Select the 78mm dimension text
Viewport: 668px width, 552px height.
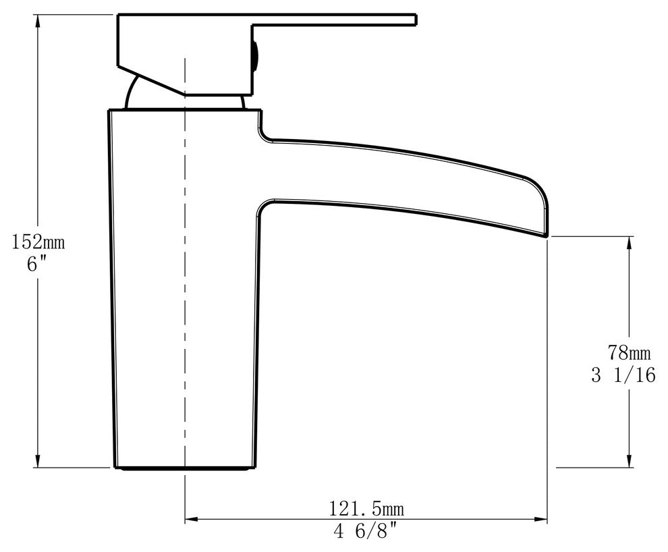coord(629,352)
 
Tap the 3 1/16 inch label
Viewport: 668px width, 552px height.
coord(623,375)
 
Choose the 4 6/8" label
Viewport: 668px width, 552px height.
coord(365,532)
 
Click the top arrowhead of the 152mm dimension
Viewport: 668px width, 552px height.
coord(38,21)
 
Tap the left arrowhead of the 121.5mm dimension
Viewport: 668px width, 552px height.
coord(192,520)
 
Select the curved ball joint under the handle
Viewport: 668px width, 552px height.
coord(132,93)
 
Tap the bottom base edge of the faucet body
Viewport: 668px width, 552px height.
coord(185,466)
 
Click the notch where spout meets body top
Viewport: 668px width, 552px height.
coord(261,128)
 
